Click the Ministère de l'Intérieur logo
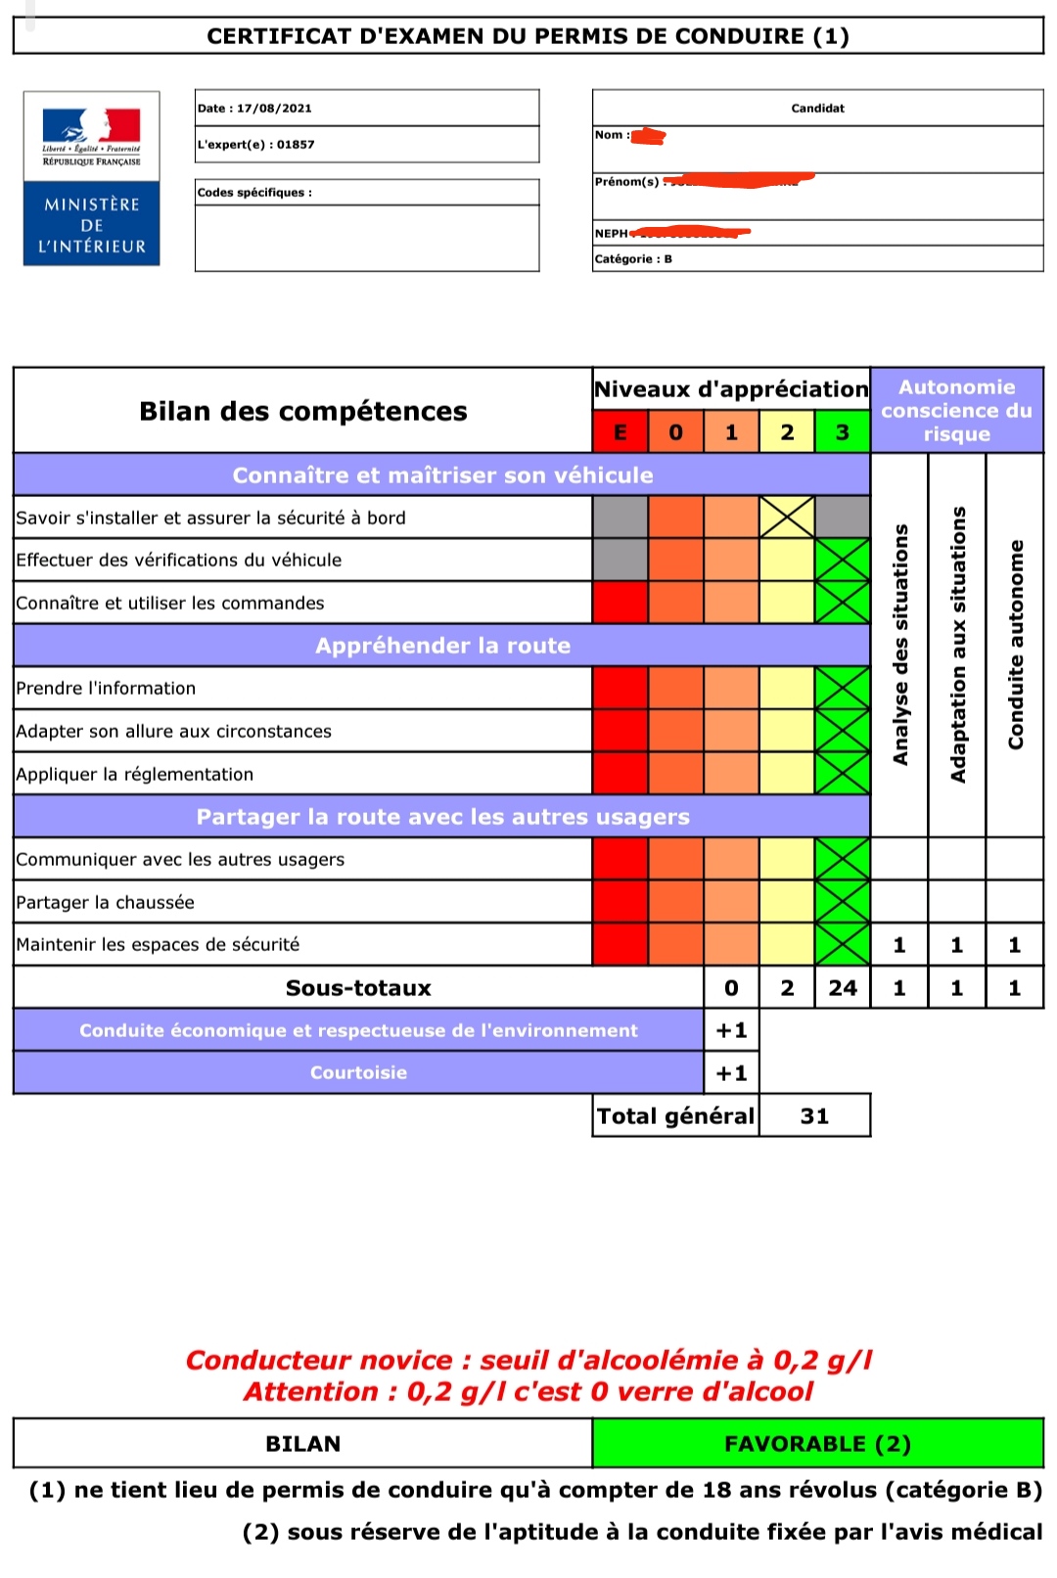pyautogui.click(x=92, y=178)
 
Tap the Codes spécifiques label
pyautogui.click(x=254, y=193)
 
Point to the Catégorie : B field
pyautogui.click(x=633, y=259)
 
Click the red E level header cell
pyautogui.click(x=620, y=432)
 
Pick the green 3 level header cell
pyautogui.click(x=842, y=432)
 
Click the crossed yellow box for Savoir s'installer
pyautogui.click(x=787, y=518)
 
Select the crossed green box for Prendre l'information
pyautogui.click(x=842, y=688)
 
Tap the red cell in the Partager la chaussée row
pyautogui.click(x=620, y=902)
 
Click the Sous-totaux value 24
pyautogui.click(x=842, y=988)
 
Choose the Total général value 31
pyautogui.click(x=814, y=1116)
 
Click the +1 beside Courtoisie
pyautogui.click(x=731, y=1073)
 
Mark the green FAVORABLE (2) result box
pyautogui.click(x=817, y=1444)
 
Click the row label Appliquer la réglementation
pyautogui.click(x=135, y=775)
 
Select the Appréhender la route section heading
pyautogui.click(x=442, y=646)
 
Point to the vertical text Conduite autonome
pyautogui.click(x=1015, y=646)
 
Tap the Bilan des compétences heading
pyautogui.click(x=303, y=411)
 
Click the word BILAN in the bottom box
pyautogui.click(x=303, y=1444)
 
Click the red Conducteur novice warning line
pyautogui.click(x=528, y=1361)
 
